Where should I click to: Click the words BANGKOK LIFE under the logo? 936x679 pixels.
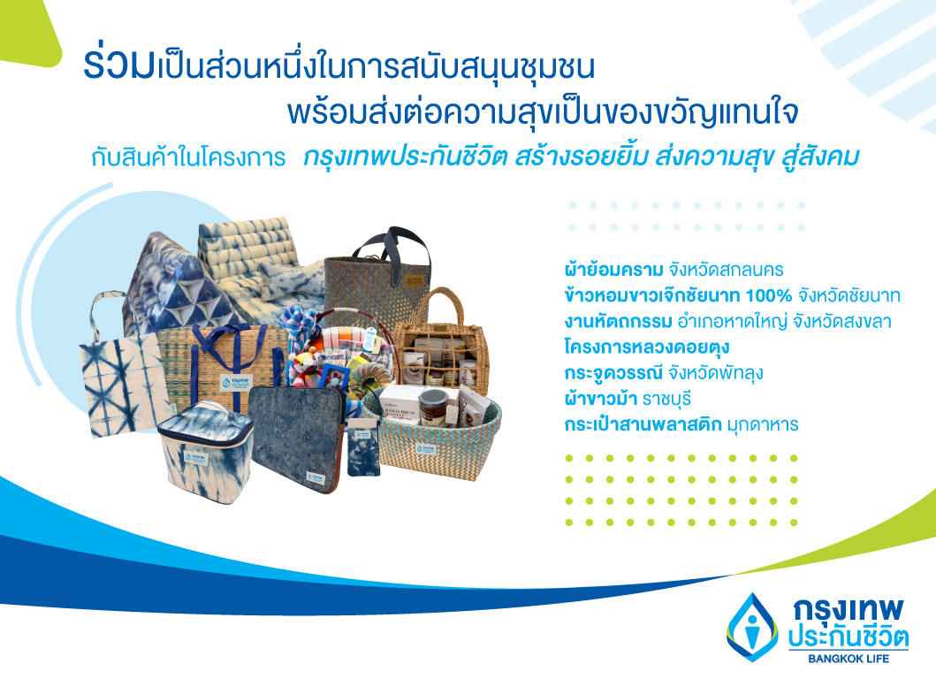[848, 659]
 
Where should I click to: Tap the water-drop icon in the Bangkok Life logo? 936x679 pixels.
[753, 627]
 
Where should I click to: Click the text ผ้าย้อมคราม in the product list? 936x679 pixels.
[613, 270]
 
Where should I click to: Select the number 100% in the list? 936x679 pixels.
[769, 295]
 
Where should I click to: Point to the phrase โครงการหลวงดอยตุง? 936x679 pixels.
[646, 347]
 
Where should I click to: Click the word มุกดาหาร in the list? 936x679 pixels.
[762, 424]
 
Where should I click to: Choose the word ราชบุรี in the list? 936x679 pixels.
[666, 399]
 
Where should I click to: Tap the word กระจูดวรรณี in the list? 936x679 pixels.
[613, 373]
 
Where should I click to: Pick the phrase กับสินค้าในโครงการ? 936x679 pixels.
[188, 157]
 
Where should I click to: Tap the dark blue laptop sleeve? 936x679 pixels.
[296, 439]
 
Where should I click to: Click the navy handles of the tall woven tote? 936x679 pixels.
[392, 248]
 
